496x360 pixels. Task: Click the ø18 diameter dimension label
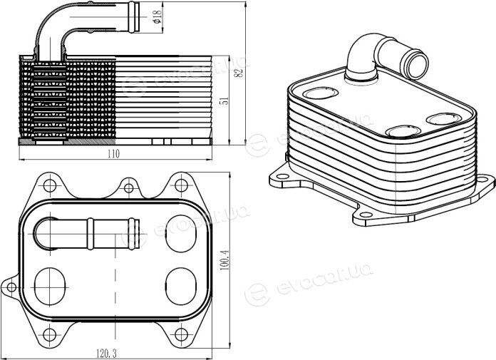point(157,16)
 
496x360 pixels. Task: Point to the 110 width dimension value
point(113,154)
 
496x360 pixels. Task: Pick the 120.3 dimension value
point(106,354)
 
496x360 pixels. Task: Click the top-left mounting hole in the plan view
point(50,185)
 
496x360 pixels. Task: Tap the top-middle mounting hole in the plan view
point(128,188)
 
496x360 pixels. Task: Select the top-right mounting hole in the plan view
point(181,185)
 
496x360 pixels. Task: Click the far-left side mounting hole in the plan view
point(11,287)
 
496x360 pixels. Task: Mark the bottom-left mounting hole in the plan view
point(50,334)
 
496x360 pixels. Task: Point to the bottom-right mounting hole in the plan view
point(181,334)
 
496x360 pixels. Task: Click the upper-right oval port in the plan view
point(180,233)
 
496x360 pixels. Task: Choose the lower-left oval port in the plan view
point(50,287)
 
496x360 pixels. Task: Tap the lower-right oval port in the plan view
point(180,287)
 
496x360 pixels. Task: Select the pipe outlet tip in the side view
point(133,17)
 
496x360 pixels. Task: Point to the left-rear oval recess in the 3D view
point(321,93)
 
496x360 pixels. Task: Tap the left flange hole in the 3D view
point(284,177)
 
